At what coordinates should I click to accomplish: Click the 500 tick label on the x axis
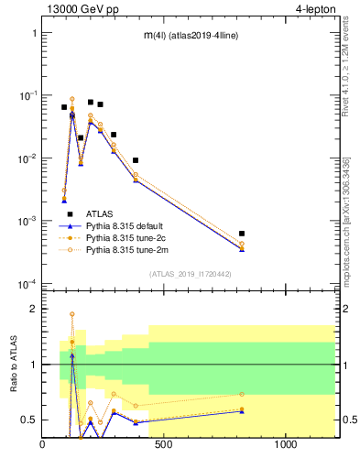click(x=164, y=445)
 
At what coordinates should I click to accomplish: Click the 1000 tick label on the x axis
click(x=285, y=445)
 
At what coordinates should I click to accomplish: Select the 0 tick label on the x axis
click(x=42, y=445)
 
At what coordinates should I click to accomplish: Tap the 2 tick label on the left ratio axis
click(x=32, y=309)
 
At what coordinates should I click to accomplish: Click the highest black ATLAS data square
click(x=91, y=102)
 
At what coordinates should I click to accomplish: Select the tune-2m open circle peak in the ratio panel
click(x=72, y=314)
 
